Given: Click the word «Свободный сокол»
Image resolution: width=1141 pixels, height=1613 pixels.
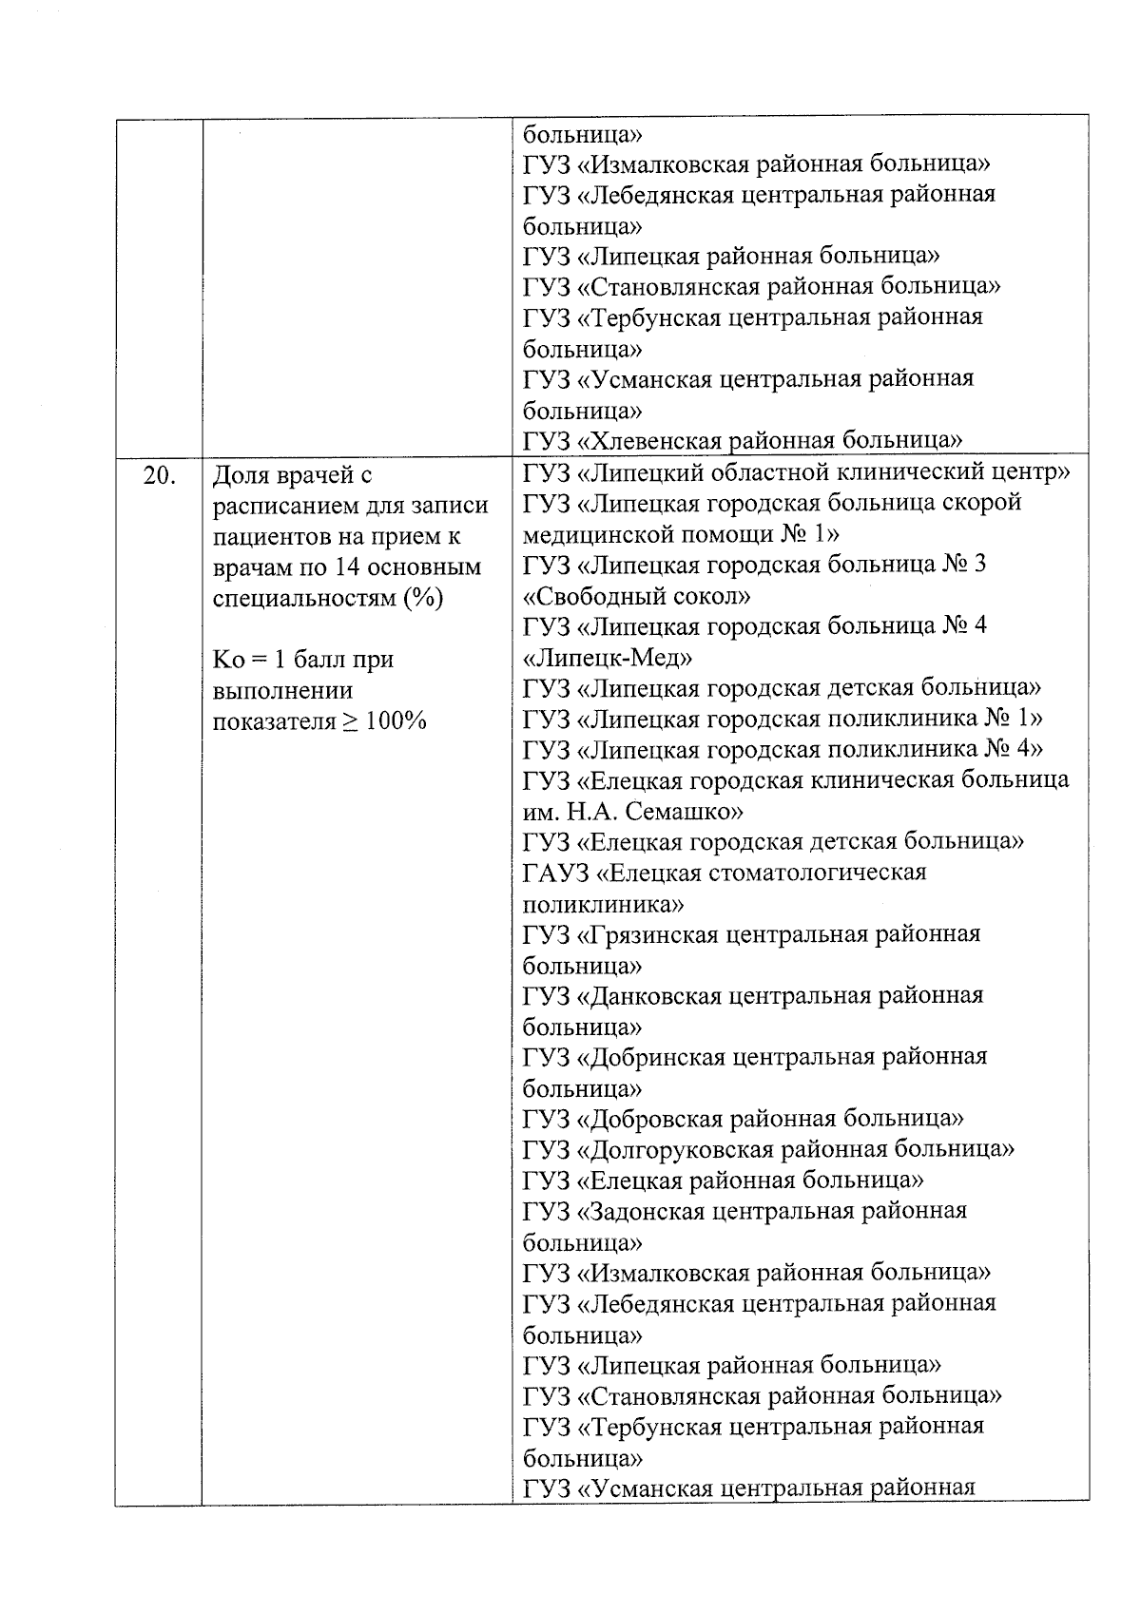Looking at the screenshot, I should (x=636, y=596).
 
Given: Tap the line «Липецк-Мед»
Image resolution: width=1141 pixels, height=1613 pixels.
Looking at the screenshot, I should (x=607, y=658).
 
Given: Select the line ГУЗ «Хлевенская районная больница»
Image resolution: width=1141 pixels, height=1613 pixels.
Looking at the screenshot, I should (x=743, y=440).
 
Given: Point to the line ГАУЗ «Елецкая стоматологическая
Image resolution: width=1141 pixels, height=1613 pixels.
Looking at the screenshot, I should (x=725, y=873).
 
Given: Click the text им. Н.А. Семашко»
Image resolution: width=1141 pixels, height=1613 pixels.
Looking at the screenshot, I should (x=633, y=812).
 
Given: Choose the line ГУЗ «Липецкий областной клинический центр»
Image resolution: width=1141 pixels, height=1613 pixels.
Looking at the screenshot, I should (x=797, y=472).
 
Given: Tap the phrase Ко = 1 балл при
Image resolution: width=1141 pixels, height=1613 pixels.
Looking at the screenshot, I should (x=303, y=659).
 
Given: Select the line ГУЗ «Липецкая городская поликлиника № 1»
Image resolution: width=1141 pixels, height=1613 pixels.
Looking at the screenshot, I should (x=783, y=718).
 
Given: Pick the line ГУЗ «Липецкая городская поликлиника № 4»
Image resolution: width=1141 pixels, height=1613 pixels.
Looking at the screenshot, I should (x=783, y=749).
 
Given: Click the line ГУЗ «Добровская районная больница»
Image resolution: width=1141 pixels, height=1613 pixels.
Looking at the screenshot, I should (x=743, y=1119).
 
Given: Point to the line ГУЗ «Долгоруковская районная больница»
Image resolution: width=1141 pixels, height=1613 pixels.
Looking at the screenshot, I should (x=768, y=1149).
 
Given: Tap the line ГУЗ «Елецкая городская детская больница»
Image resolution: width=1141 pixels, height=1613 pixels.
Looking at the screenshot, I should (x=773, y=841).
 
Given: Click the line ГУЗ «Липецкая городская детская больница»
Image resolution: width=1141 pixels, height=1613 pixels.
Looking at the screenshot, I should (x=782, y=687).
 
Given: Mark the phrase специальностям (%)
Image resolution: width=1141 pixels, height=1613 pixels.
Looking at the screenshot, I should (x=328, y=598).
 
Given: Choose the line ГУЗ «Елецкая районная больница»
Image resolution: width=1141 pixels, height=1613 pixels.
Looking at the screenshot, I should (x=724, y=1181).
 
